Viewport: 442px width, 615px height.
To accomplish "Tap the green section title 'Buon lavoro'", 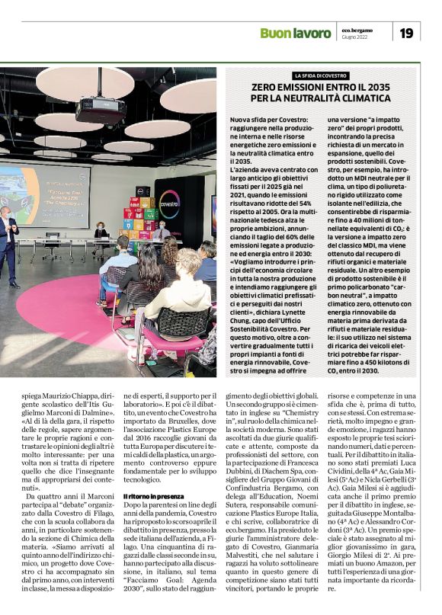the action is tap(296, 33).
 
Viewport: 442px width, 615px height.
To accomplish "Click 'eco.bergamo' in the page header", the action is tap(357, 29).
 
